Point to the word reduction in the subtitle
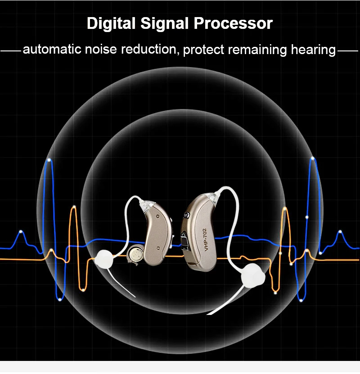pos(151,50)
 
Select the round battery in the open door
pos(135,255)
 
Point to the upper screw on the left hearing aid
pos(157,217)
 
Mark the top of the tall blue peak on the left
pos(49,159)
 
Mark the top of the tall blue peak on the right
pos(312,158)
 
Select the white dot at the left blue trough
pos(60,299)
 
